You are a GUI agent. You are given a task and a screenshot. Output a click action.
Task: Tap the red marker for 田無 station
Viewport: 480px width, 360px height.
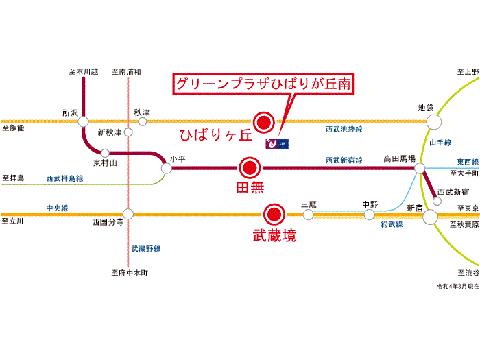click(250, 167)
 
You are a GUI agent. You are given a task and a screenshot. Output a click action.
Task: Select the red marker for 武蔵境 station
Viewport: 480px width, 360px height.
click(275, 214)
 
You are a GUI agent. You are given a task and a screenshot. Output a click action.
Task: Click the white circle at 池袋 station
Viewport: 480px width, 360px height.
click(433, 121)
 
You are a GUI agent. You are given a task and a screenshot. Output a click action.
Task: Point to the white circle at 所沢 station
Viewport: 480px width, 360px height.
click(83, 121)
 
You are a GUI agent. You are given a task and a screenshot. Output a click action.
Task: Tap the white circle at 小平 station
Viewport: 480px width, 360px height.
click(165, 167)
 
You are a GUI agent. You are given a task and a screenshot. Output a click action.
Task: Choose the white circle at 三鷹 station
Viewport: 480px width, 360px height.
click(308, 214)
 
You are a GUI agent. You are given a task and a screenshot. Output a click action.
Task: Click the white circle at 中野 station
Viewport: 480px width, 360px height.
click(370, 215)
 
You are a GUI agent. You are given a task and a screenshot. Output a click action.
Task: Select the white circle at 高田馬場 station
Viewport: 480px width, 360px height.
click(418, 167)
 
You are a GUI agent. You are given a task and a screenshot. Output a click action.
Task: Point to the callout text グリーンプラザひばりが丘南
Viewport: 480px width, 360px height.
click(263, 84)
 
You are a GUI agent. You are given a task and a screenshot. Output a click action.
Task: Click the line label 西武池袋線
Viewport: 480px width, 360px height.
click(344, 129)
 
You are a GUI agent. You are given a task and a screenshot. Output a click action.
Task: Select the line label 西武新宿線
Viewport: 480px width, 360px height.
click(344, 160)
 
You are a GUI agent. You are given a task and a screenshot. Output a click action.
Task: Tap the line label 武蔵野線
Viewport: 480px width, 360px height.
click(145, 248)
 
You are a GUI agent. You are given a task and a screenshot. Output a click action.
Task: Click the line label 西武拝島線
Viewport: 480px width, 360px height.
click(64, 178)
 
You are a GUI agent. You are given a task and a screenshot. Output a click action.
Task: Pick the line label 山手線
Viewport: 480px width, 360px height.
click(440, 143)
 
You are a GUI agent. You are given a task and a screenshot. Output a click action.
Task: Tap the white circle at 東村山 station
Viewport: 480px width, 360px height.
click(105, 153)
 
